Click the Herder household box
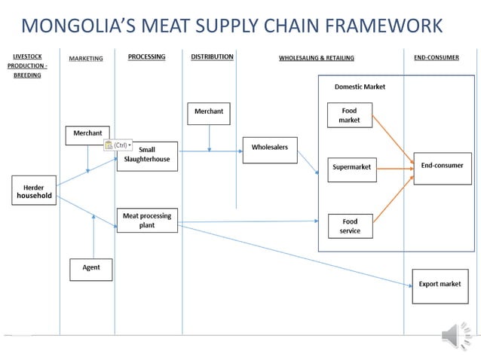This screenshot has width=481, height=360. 34,191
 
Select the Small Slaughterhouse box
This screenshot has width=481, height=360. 147,156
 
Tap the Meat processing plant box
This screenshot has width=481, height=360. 147,221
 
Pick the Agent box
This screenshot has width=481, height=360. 90,268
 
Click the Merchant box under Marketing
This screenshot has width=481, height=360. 87,133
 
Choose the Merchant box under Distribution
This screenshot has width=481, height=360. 209,112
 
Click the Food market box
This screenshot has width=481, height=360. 350,115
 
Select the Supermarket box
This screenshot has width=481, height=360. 352,167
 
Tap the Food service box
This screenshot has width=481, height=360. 350,226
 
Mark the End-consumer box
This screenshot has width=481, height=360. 442,166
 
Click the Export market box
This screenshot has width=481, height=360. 440,285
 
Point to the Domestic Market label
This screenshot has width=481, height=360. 360,87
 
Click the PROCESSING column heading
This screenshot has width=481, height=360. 146,57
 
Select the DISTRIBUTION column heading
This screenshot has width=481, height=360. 212,57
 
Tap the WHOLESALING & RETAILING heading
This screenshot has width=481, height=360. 316,58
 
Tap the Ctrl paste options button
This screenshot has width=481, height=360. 118,145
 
